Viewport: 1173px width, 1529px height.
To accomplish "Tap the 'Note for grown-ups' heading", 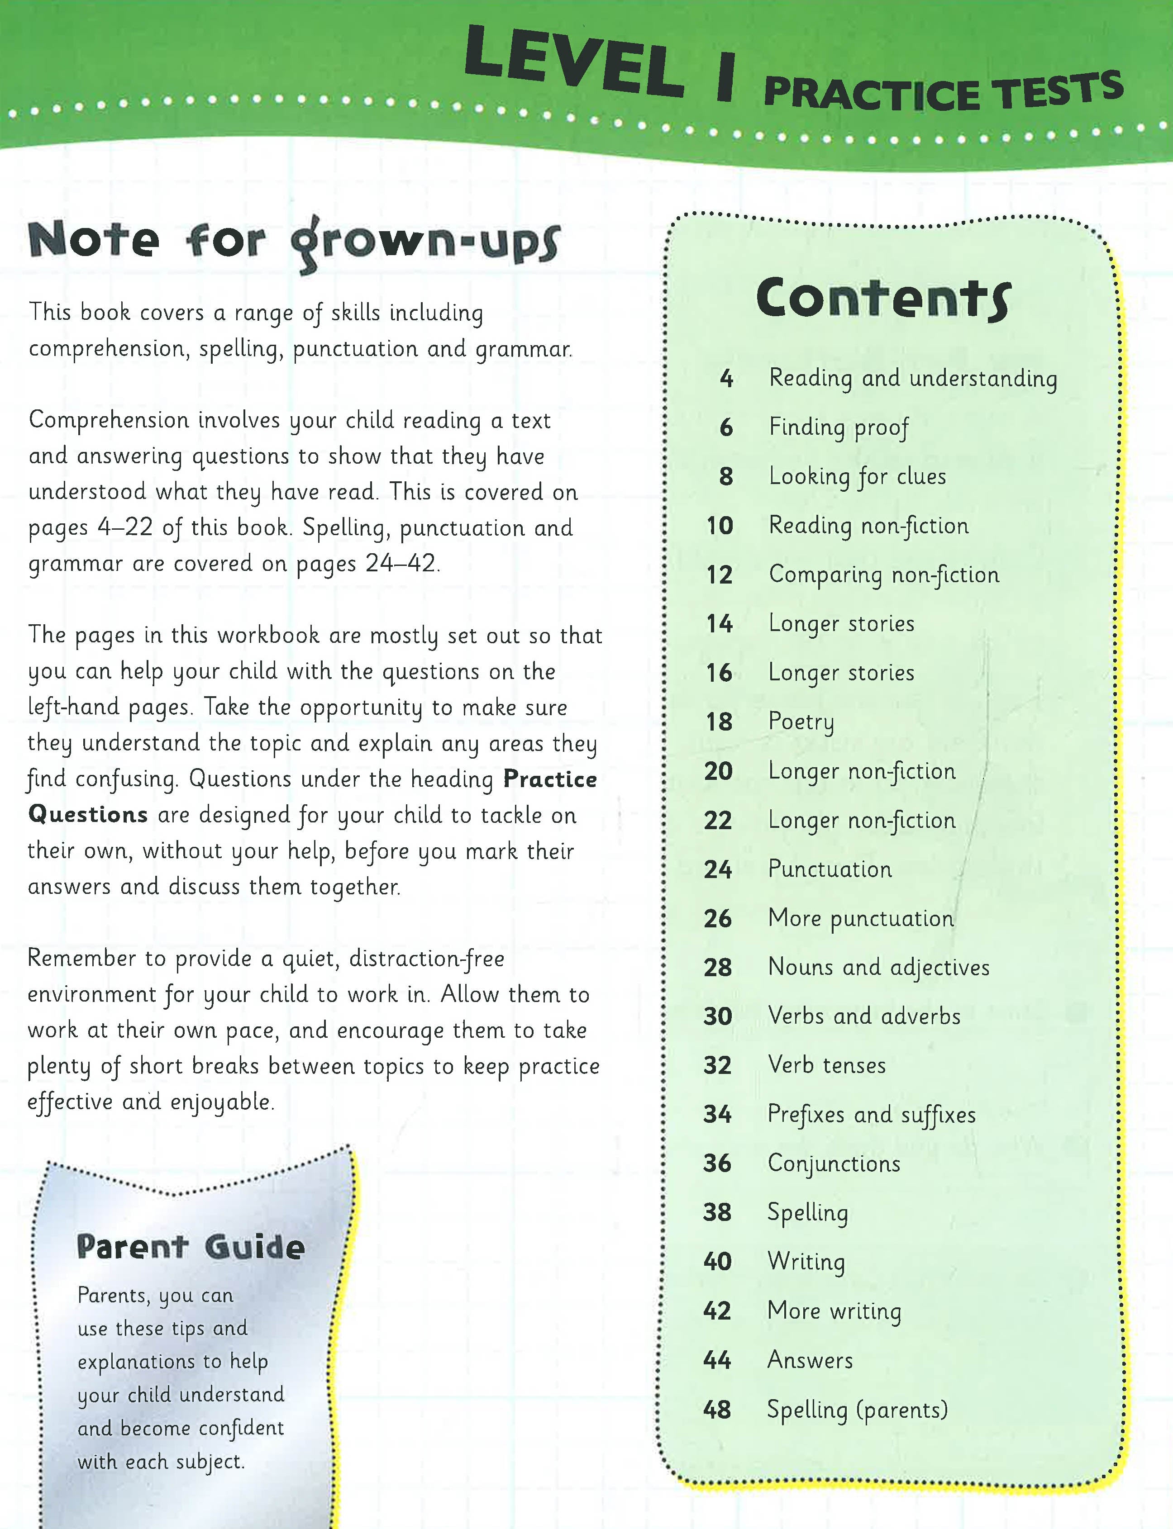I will (x=293, y=242).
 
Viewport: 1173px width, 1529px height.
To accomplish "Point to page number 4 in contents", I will (x=726, y=379).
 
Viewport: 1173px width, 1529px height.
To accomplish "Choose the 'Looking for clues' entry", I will (x=858, y=477).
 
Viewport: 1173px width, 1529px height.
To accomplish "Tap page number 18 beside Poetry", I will (x=719, y=722).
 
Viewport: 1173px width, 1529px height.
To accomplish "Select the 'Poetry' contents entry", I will (x=801, y=722).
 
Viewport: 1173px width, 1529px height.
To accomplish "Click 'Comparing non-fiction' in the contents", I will (x=884, y=575).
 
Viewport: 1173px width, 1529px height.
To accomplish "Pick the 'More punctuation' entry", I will (x=860, y=918).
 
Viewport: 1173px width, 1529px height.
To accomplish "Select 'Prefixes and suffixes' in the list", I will (x=871, y=1115).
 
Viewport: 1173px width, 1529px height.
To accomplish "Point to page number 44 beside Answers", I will (x=717, y=1360).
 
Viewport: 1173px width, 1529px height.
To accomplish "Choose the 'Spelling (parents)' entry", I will (x=858, y=1410).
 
